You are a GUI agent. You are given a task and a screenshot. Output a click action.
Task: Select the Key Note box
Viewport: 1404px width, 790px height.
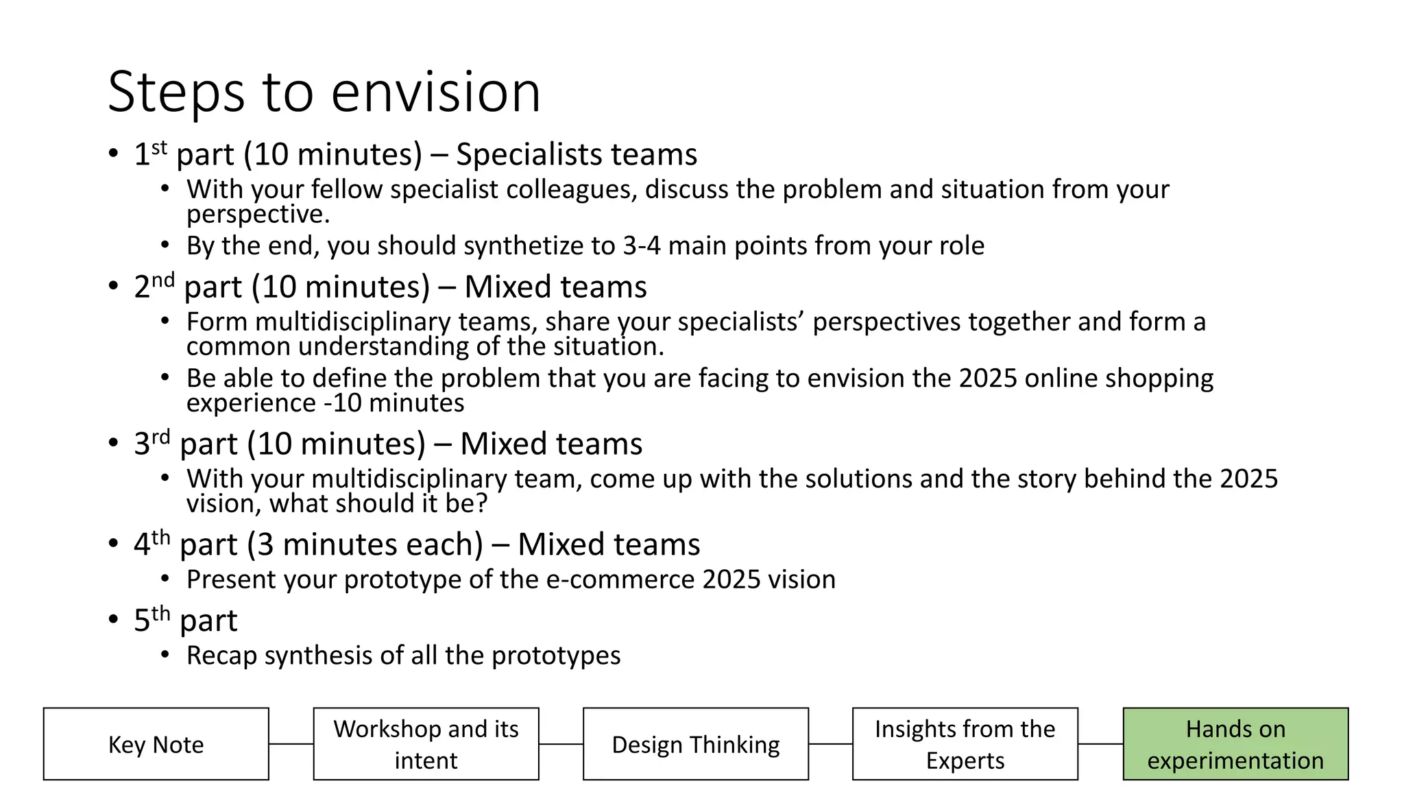[x=156, y=744]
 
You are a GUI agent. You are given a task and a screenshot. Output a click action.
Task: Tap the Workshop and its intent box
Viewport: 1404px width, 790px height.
[x=426, y=744]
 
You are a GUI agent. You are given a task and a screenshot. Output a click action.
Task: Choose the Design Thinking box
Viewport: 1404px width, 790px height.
[x=695, y=744]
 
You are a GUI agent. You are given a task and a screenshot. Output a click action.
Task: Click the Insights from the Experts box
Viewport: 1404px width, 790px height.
[x=965, y=744]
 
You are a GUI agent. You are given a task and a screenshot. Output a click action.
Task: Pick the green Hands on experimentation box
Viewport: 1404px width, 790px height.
[x=1235, y=744]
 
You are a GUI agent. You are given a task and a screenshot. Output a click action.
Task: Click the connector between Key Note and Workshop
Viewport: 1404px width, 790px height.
[x=291, y=744]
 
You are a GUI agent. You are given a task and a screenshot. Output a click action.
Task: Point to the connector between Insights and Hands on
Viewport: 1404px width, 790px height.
[x=1100, y=744]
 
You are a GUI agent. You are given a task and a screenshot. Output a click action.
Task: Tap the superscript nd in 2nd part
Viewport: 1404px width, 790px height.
[x=163, y=280]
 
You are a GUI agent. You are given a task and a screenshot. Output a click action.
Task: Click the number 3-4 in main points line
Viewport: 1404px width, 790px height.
[x=641, y=246]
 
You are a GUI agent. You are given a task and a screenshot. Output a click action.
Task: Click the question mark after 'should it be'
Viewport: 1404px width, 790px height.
[x=481, y=504]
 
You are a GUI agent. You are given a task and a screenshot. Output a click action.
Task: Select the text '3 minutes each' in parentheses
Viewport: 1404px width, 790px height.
[x=365, y=544]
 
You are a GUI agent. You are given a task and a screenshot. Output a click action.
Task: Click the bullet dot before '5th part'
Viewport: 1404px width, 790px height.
[x=113, y=620]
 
